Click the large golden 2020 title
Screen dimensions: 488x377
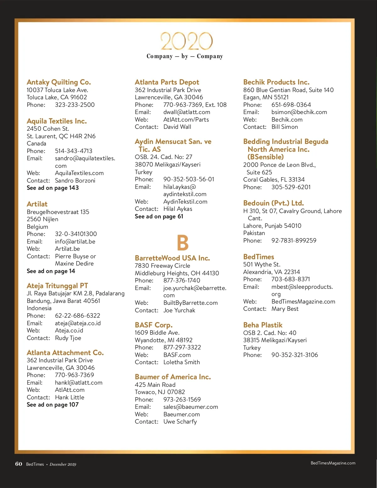[187, 41]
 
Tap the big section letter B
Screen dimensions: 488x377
[183, 243]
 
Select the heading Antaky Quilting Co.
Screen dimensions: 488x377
[59, 82]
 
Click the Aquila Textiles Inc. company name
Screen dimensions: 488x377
[57, 121]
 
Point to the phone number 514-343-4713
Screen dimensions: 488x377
[74, 151]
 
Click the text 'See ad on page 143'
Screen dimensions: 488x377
[53, 188]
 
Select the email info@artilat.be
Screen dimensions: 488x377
[75, 241]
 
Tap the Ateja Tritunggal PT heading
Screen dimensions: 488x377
[57, 286]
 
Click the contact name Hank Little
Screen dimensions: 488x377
[69, 397]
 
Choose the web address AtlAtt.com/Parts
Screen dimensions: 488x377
[186, 119]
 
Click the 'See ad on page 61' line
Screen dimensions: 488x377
[159, 216]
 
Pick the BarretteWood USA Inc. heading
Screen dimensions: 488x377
[172, 258]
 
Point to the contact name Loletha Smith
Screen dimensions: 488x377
[182, 362]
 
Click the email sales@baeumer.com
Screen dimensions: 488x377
[190, 407]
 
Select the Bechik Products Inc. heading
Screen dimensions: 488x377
[276, 82]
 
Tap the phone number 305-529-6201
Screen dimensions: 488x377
[291, 187]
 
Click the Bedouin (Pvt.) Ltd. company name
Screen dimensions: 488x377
[273, 203]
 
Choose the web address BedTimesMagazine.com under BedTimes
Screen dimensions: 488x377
[303, 301]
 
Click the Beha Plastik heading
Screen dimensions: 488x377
[263, 325]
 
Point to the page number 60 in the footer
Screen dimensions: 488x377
[19, 464]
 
